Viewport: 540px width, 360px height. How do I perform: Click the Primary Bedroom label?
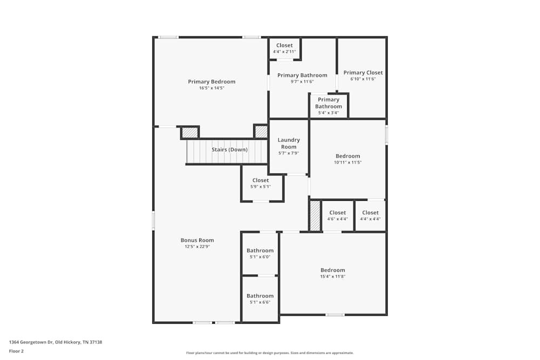(x=211, y=81)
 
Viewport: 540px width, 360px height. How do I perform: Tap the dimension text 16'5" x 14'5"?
(x=211, y=88)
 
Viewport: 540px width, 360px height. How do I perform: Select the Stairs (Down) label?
(x=230, y=150)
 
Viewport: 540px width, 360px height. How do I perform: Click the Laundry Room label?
(x=288, y=143)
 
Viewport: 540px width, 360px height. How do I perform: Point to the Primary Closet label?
(x=363, y=72)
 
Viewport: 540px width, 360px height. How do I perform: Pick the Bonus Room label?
(x=197, y=240)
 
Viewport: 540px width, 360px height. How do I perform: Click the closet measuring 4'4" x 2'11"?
(x=284, y=48)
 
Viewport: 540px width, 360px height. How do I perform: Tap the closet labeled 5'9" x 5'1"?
(x=260, y=184)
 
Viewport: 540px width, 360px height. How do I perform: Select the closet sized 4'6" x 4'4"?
(x=337, y=215)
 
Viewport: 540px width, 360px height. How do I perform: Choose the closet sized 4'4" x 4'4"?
(x=370, y=215)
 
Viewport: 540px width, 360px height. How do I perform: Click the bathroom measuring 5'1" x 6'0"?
(x=260, y=253)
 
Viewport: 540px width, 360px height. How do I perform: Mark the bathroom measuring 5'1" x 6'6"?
(x=260, y=298)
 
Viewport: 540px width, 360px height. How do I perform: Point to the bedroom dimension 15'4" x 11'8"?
(x=333, y=276)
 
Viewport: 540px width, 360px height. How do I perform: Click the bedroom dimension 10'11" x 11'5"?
(x=348, y=162)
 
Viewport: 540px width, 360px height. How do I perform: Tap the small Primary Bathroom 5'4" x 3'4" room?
(x=328, y=105)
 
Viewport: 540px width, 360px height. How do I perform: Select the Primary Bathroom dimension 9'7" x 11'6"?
(x=302, y=81)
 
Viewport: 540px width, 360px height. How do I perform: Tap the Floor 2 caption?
(x=16, y=351)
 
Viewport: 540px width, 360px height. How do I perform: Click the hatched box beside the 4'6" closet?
(x=315, y=215)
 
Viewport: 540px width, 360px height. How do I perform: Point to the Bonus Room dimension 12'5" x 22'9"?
(x=197, y=247)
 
